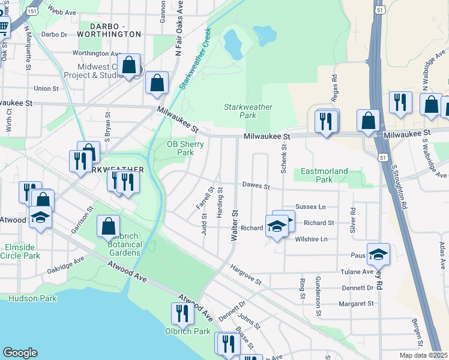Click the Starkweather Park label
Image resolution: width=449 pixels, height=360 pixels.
[x=248, y=111]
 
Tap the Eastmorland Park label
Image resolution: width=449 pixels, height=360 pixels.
[x=324, y=175]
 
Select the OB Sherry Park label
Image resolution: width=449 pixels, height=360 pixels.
[x=180, y=148]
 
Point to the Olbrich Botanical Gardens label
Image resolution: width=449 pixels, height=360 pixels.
[x=125, y=244]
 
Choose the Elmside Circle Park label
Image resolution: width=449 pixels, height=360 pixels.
[x=20, y=251]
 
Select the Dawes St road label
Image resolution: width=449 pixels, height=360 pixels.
[x=256, y=186]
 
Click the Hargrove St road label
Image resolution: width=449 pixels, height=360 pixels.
[x=246, y=276]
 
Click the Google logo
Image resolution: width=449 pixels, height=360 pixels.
[x=20, y=353]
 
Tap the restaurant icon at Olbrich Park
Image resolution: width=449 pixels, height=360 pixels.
[x=181, y=313]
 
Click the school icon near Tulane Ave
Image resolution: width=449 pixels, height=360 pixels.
[x=378, y=254]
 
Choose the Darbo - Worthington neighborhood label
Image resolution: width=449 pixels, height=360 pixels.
[x=115, y=31]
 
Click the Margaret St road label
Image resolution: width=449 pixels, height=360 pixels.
[x=357, y=304]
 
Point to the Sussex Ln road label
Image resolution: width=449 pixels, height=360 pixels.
[x=310, y=206]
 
